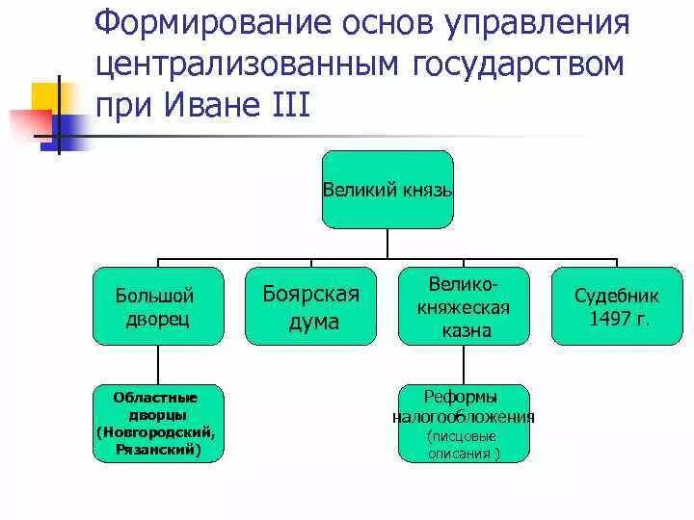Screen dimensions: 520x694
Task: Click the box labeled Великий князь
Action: coord(387,190)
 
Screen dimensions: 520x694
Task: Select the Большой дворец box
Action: coord(158,306)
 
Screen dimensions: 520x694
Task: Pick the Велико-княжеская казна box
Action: coord(465,306)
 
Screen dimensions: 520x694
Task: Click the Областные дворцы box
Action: coord(158,423)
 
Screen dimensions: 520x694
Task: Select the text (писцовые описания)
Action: coord(464,444)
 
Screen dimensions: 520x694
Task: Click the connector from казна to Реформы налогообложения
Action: coord(464,364)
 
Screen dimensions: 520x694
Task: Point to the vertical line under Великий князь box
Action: coord(387,245)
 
